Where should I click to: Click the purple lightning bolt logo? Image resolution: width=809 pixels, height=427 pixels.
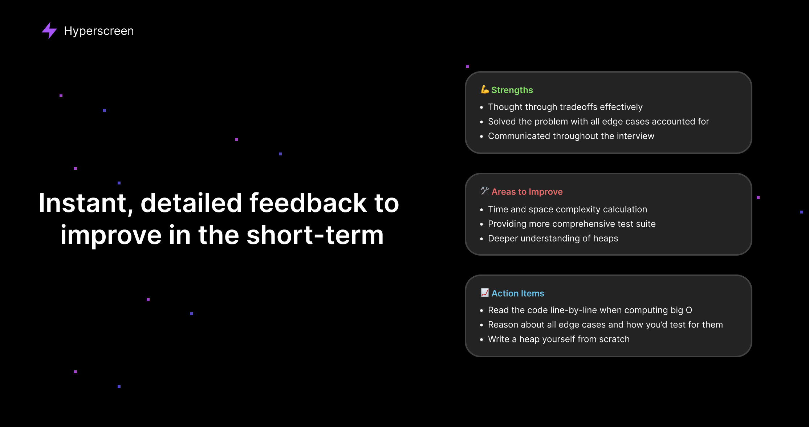click(49, 30)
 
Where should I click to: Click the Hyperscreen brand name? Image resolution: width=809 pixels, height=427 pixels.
click(99, 31)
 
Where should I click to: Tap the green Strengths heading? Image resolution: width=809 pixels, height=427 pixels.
click(512, 90)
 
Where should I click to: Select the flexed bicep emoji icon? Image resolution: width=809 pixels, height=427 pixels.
click(485, 89)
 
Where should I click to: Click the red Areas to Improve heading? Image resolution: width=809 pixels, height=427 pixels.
click(527, 192)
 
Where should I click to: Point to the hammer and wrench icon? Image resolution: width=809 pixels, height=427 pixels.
click(485, 191)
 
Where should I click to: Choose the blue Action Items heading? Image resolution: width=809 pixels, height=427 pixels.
click(518, 293)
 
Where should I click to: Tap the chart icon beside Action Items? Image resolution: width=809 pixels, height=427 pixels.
click(485, 293)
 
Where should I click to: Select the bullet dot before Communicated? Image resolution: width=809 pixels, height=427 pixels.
click(481, 137)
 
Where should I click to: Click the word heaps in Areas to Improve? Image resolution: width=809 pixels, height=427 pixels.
click(605, 239)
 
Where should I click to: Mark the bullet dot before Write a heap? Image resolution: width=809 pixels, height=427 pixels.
click(481, 340)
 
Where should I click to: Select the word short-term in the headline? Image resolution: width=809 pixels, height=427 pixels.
click(315, 235)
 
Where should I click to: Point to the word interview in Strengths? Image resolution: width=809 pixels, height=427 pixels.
click(635, 136)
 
